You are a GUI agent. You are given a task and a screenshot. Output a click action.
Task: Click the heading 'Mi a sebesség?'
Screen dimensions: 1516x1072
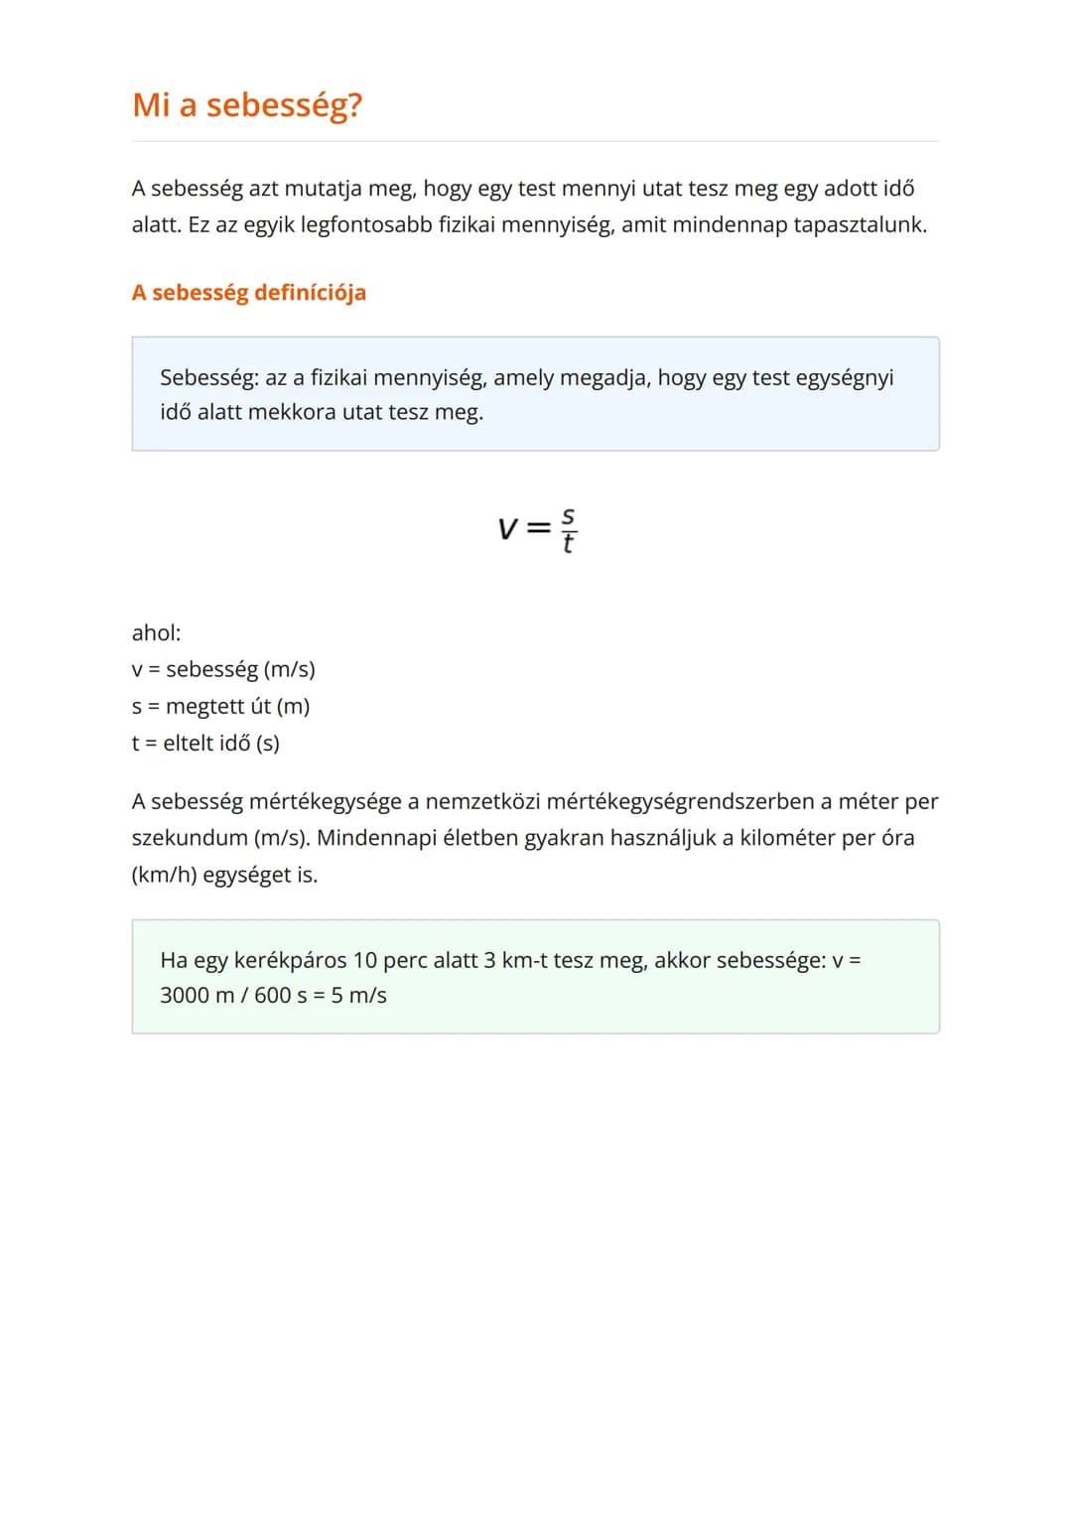(247, 105)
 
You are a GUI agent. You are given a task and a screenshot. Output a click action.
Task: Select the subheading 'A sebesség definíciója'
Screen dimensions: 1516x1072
(249, 293)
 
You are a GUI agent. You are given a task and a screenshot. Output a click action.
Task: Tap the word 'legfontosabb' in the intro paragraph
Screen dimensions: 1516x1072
(366, 225)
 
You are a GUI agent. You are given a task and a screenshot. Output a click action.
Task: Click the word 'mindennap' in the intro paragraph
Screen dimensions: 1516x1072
(730, 225)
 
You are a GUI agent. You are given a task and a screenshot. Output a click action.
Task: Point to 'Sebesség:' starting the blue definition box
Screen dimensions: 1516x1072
(208, 378)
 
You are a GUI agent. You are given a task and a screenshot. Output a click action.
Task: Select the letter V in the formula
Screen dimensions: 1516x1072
(507, 529)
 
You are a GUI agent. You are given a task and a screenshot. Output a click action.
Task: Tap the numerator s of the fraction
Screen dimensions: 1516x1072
(568, 516)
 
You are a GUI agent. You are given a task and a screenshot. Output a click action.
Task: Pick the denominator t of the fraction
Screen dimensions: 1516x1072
(568, 543)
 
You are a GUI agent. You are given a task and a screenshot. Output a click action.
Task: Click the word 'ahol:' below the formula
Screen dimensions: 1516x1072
(157, 633)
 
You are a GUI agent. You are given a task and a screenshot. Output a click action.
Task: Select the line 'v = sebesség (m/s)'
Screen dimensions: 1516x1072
(223, 670)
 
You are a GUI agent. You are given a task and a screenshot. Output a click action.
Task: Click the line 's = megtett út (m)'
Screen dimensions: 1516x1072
(220, 707)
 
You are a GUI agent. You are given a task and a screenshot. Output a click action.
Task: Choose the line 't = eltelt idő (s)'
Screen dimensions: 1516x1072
(205, 744)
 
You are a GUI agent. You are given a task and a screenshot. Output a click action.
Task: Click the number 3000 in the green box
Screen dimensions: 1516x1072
(185, 996)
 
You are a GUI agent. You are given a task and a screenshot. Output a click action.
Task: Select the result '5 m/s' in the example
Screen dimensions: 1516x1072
(358, 996)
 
